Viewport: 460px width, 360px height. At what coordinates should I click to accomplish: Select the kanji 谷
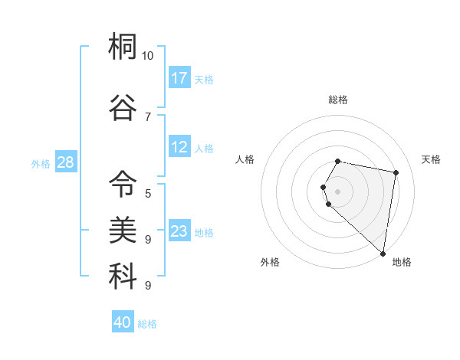tap(123, 107)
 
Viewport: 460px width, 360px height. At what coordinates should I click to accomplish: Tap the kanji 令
tap(123, 184)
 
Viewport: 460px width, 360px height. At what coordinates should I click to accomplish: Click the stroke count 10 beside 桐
tap(148, 56)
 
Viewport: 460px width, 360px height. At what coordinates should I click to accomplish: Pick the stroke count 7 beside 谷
tap(148, 116)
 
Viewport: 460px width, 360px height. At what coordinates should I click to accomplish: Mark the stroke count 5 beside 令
tap(148, 193)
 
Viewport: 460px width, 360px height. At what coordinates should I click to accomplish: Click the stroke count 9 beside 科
tap(148, 285)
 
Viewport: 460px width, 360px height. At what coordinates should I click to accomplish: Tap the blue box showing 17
tap(179, 78)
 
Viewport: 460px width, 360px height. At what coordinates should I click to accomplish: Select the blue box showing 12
tap(179, 147)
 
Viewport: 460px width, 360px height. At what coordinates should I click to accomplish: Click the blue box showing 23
tap(179, 231)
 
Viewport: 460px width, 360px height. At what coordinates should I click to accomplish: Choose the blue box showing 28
tap(65, 162)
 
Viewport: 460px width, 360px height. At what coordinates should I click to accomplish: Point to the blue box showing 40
tap(123, 322)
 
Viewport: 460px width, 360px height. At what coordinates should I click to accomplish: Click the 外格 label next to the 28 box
tap(41, 163)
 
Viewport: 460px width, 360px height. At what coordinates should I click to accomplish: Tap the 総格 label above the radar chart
tap(337, 100)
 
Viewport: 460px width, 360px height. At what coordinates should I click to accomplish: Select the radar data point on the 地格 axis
tap(383, 254)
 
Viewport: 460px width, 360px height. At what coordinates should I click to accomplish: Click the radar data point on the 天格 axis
tap(396, 173)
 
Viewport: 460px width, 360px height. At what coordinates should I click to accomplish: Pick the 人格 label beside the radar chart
tap(245, 159)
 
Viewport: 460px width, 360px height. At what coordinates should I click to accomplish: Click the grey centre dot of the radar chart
tap(337, 191)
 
